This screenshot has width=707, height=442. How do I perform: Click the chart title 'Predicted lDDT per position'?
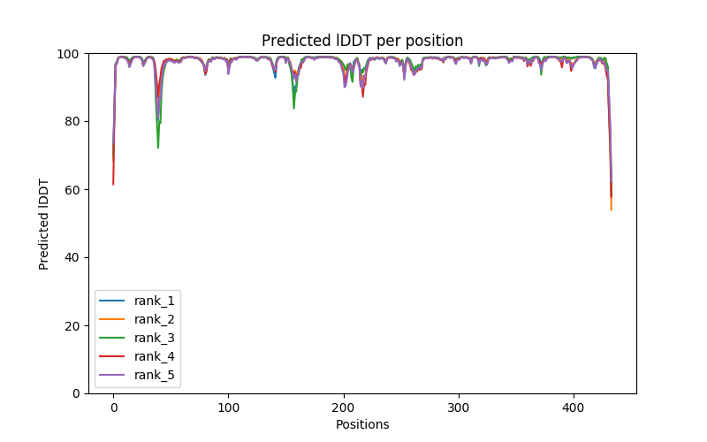click(x=362, y=41)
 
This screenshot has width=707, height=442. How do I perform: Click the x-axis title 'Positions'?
click(x=362, y=424)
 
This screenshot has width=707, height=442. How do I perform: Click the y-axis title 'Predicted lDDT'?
click(x=44, y=223)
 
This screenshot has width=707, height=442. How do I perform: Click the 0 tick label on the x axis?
click(x=113, y=408)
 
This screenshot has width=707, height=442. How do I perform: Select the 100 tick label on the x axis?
click(x=228, y=408)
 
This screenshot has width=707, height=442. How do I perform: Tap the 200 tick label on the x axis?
click(x=343, y=408)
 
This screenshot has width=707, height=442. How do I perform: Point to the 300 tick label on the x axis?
click(x=459, y=408)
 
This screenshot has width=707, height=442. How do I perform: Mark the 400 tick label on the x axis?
click(x=574, y=408)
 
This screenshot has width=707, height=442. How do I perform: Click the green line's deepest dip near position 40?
click(x=158, y=147)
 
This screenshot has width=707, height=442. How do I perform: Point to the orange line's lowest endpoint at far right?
click(x=612, y=210)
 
